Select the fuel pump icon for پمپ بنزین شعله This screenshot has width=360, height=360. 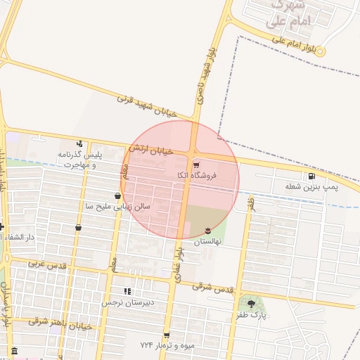(311, 176)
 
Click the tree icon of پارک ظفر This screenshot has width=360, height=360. (252, 304)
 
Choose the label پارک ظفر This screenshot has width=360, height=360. (252, 316)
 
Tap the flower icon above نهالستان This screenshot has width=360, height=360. (207, 231)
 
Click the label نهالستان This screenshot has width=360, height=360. (207, 241)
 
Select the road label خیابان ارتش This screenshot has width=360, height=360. (150, 149)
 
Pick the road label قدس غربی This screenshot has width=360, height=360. (47, 266)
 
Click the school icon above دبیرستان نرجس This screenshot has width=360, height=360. (127, 291)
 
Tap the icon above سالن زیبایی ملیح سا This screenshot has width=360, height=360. (117, 196)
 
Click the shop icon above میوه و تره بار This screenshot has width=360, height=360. (167, 335)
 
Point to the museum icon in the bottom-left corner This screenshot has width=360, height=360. (14, 351)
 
